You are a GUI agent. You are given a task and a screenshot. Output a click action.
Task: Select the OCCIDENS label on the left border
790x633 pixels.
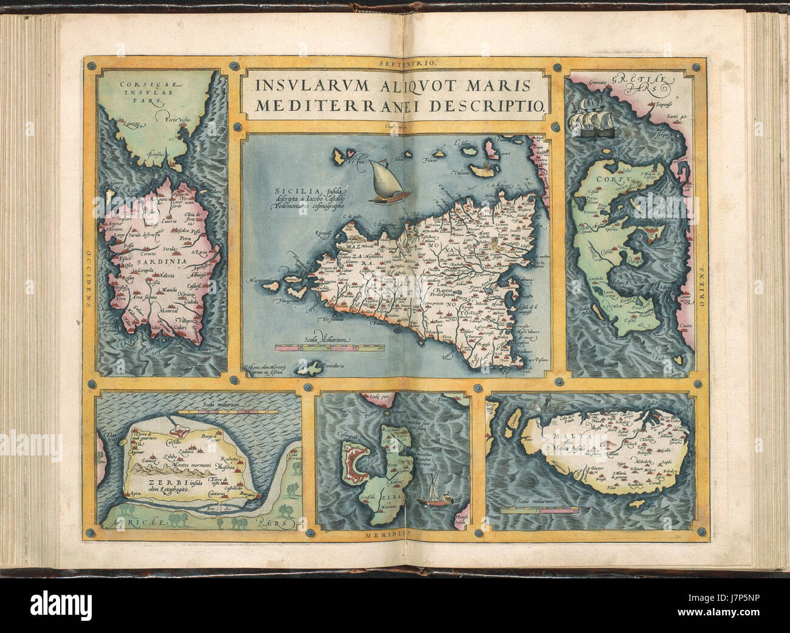point(89,279)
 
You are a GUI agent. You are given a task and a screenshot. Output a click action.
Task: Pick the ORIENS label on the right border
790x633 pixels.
point(702,280)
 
